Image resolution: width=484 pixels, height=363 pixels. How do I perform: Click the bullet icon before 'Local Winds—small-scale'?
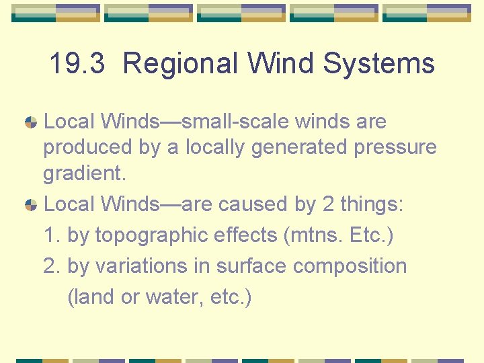point(31,122)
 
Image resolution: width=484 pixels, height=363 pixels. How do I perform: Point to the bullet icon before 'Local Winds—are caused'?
point(31,204)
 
